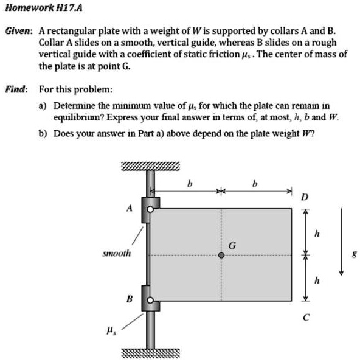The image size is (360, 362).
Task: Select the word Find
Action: coord(16,89)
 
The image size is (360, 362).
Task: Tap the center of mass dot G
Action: coord(222,256)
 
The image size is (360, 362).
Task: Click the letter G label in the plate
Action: coord(232,245)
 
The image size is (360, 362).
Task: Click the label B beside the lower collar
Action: coord(129,298)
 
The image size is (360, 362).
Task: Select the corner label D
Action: coord(305,197)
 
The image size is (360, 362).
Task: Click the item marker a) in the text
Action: coord(42,105)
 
